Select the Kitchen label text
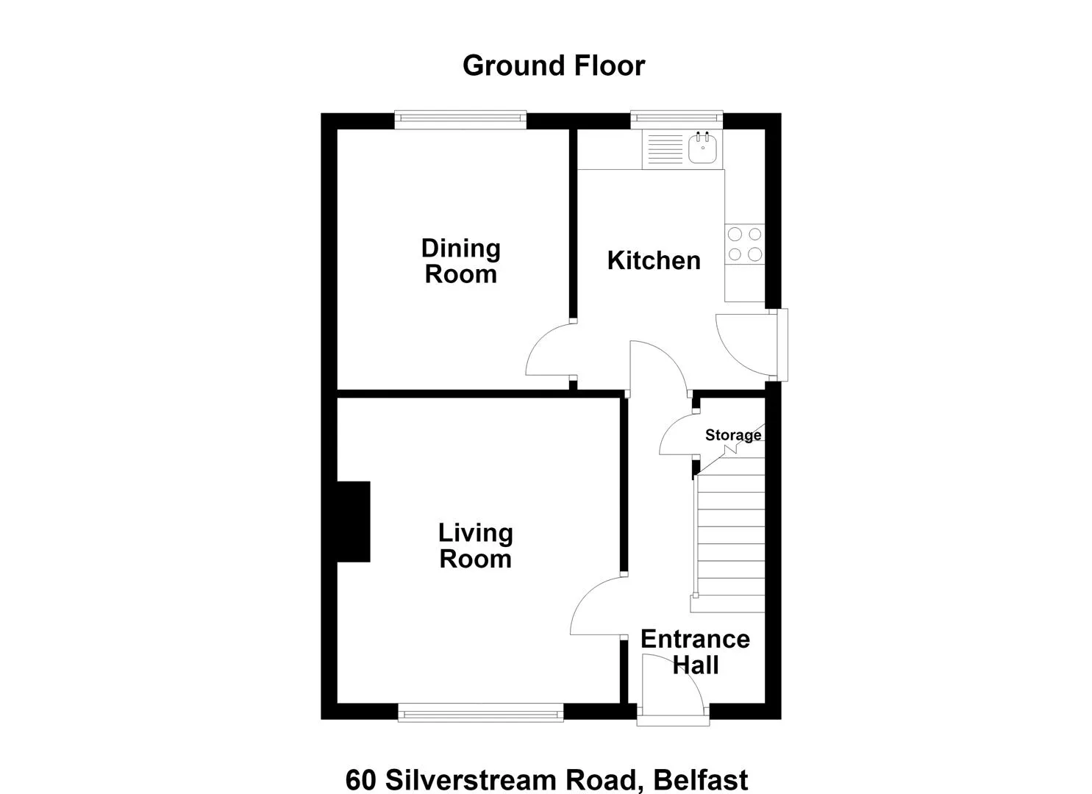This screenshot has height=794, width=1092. (654, 260)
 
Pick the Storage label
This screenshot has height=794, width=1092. (733, 434)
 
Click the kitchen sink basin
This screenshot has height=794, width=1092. (702, 147)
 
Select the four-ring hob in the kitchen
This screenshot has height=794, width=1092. (744, 244)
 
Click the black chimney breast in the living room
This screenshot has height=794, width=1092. (354, 521)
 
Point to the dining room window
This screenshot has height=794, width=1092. (460, 120)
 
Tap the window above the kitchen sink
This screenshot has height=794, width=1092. (677, 120)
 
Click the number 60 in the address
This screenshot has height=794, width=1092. (361, 780)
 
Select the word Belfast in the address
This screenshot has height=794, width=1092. (701, 780)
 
